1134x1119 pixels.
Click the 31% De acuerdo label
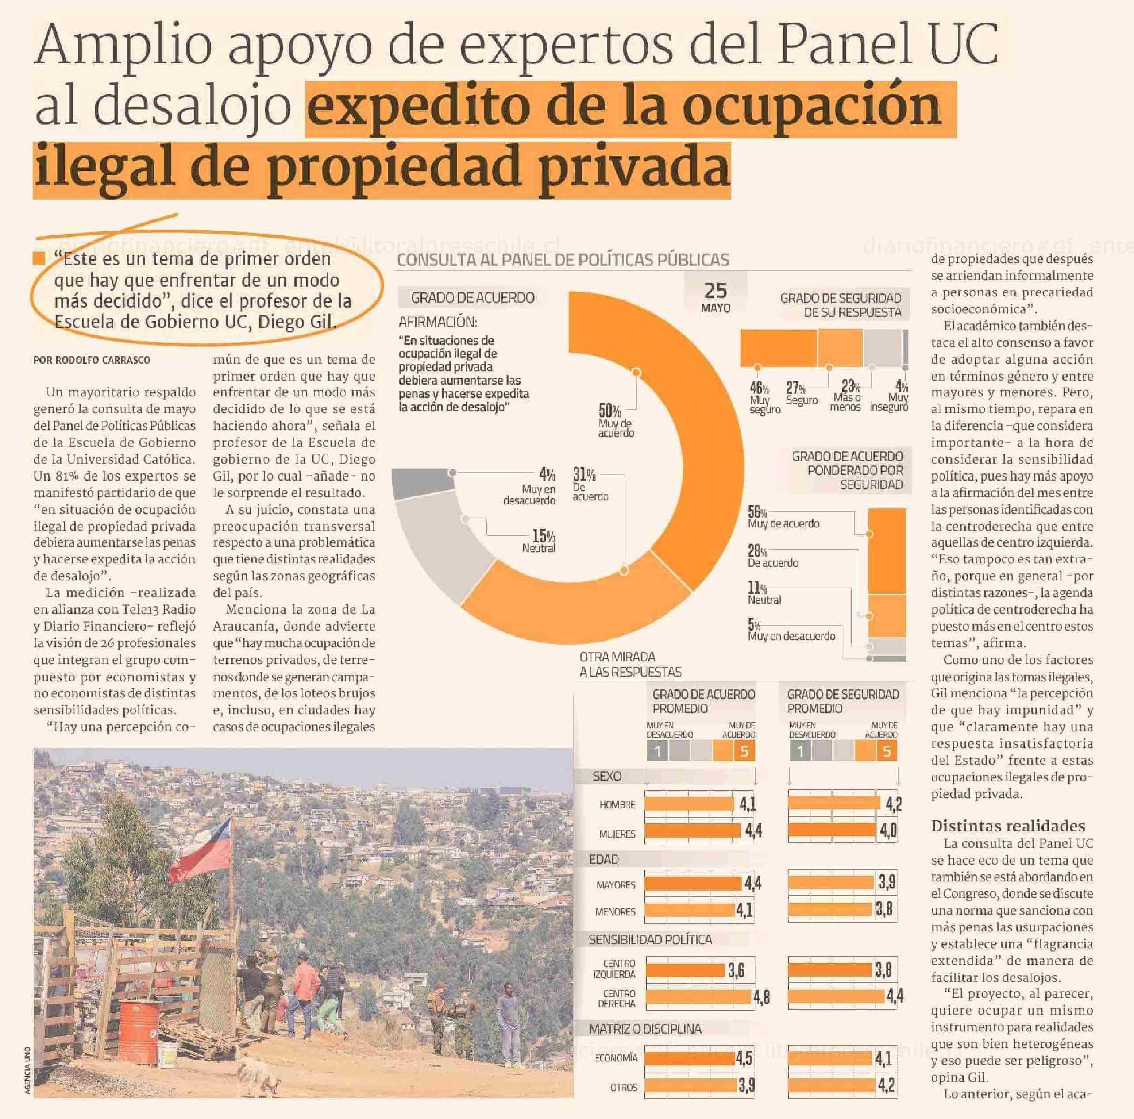(x=588, y=484)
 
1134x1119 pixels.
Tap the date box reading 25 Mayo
(x=715, y=296)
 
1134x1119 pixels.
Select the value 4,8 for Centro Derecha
(x=761, y=997)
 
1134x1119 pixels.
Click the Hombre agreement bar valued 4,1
(x=689, y=804)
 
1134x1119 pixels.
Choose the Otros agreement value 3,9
(x=746, y=1085)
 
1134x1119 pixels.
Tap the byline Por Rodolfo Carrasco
(x=92, y=360)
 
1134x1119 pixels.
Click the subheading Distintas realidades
(x=1008, y=826)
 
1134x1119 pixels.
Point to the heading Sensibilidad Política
(x=650, y=939)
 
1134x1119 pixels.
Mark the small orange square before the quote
(x=39, y=259)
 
